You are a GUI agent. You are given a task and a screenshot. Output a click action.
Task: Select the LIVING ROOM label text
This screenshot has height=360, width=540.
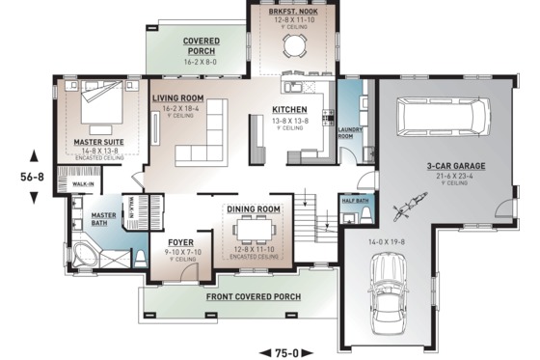(177, 97)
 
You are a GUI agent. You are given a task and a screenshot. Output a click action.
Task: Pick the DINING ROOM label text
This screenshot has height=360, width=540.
(254, 209)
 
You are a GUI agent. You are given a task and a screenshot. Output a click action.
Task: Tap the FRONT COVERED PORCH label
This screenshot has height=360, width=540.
(253, 297)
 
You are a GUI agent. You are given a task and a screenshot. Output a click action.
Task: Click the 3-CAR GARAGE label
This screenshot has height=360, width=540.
(456, 166)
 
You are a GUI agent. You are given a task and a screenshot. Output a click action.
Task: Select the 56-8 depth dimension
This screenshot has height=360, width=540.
(35, 178)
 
